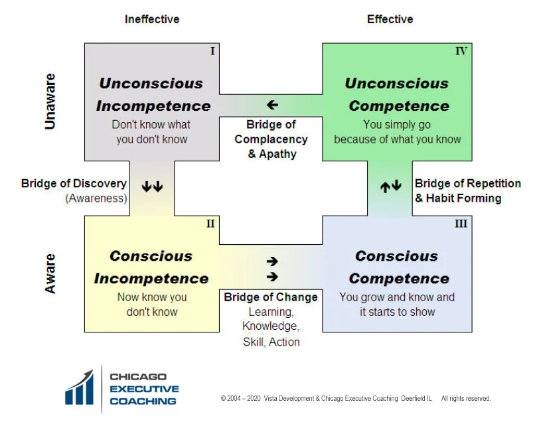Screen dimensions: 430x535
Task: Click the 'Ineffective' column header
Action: (x=152, y=19)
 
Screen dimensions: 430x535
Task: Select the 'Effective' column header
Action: (x=390, y=19)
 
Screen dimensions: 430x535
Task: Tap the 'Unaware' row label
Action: (x=50, y=101)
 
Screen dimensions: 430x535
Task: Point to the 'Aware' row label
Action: (x=50, y=273)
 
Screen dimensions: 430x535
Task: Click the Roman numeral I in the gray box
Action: (x=212, y=51)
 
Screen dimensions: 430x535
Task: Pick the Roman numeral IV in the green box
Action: (x=461, y=51)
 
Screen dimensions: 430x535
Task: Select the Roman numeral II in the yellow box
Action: (x=210, y=224)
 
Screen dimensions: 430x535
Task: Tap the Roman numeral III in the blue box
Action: (x=461, y=224)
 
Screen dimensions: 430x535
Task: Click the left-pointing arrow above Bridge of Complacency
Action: (x=271, y=105)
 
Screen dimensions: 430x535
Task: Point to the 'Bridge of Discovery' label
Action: (x=74, y=184)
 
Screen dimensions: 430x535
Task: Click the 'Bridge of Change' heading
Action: (x=271, y=297)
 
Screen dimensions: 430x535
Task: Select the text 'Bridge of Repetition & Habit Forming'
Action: (x=467, y=190)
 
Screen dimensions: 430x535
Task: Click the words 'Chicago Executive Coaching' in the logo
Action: (x=144, y=389)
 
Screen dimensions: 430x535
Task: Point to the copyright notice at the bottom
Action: (x=356, y=399)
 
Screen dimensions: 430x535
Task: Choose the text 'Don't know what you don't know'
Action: (x=151, y=131)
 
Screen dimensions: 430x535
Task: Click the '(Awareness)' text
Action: (x=96, y=198)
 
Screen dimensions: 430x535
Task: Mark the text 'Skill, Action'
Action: (x=271, y=342)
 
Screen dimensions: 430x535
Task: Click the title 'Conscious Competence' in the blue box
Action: (x=398, y=267)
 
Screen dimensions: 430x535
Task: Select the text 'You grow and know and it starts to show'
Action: (x=397, y=304)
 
